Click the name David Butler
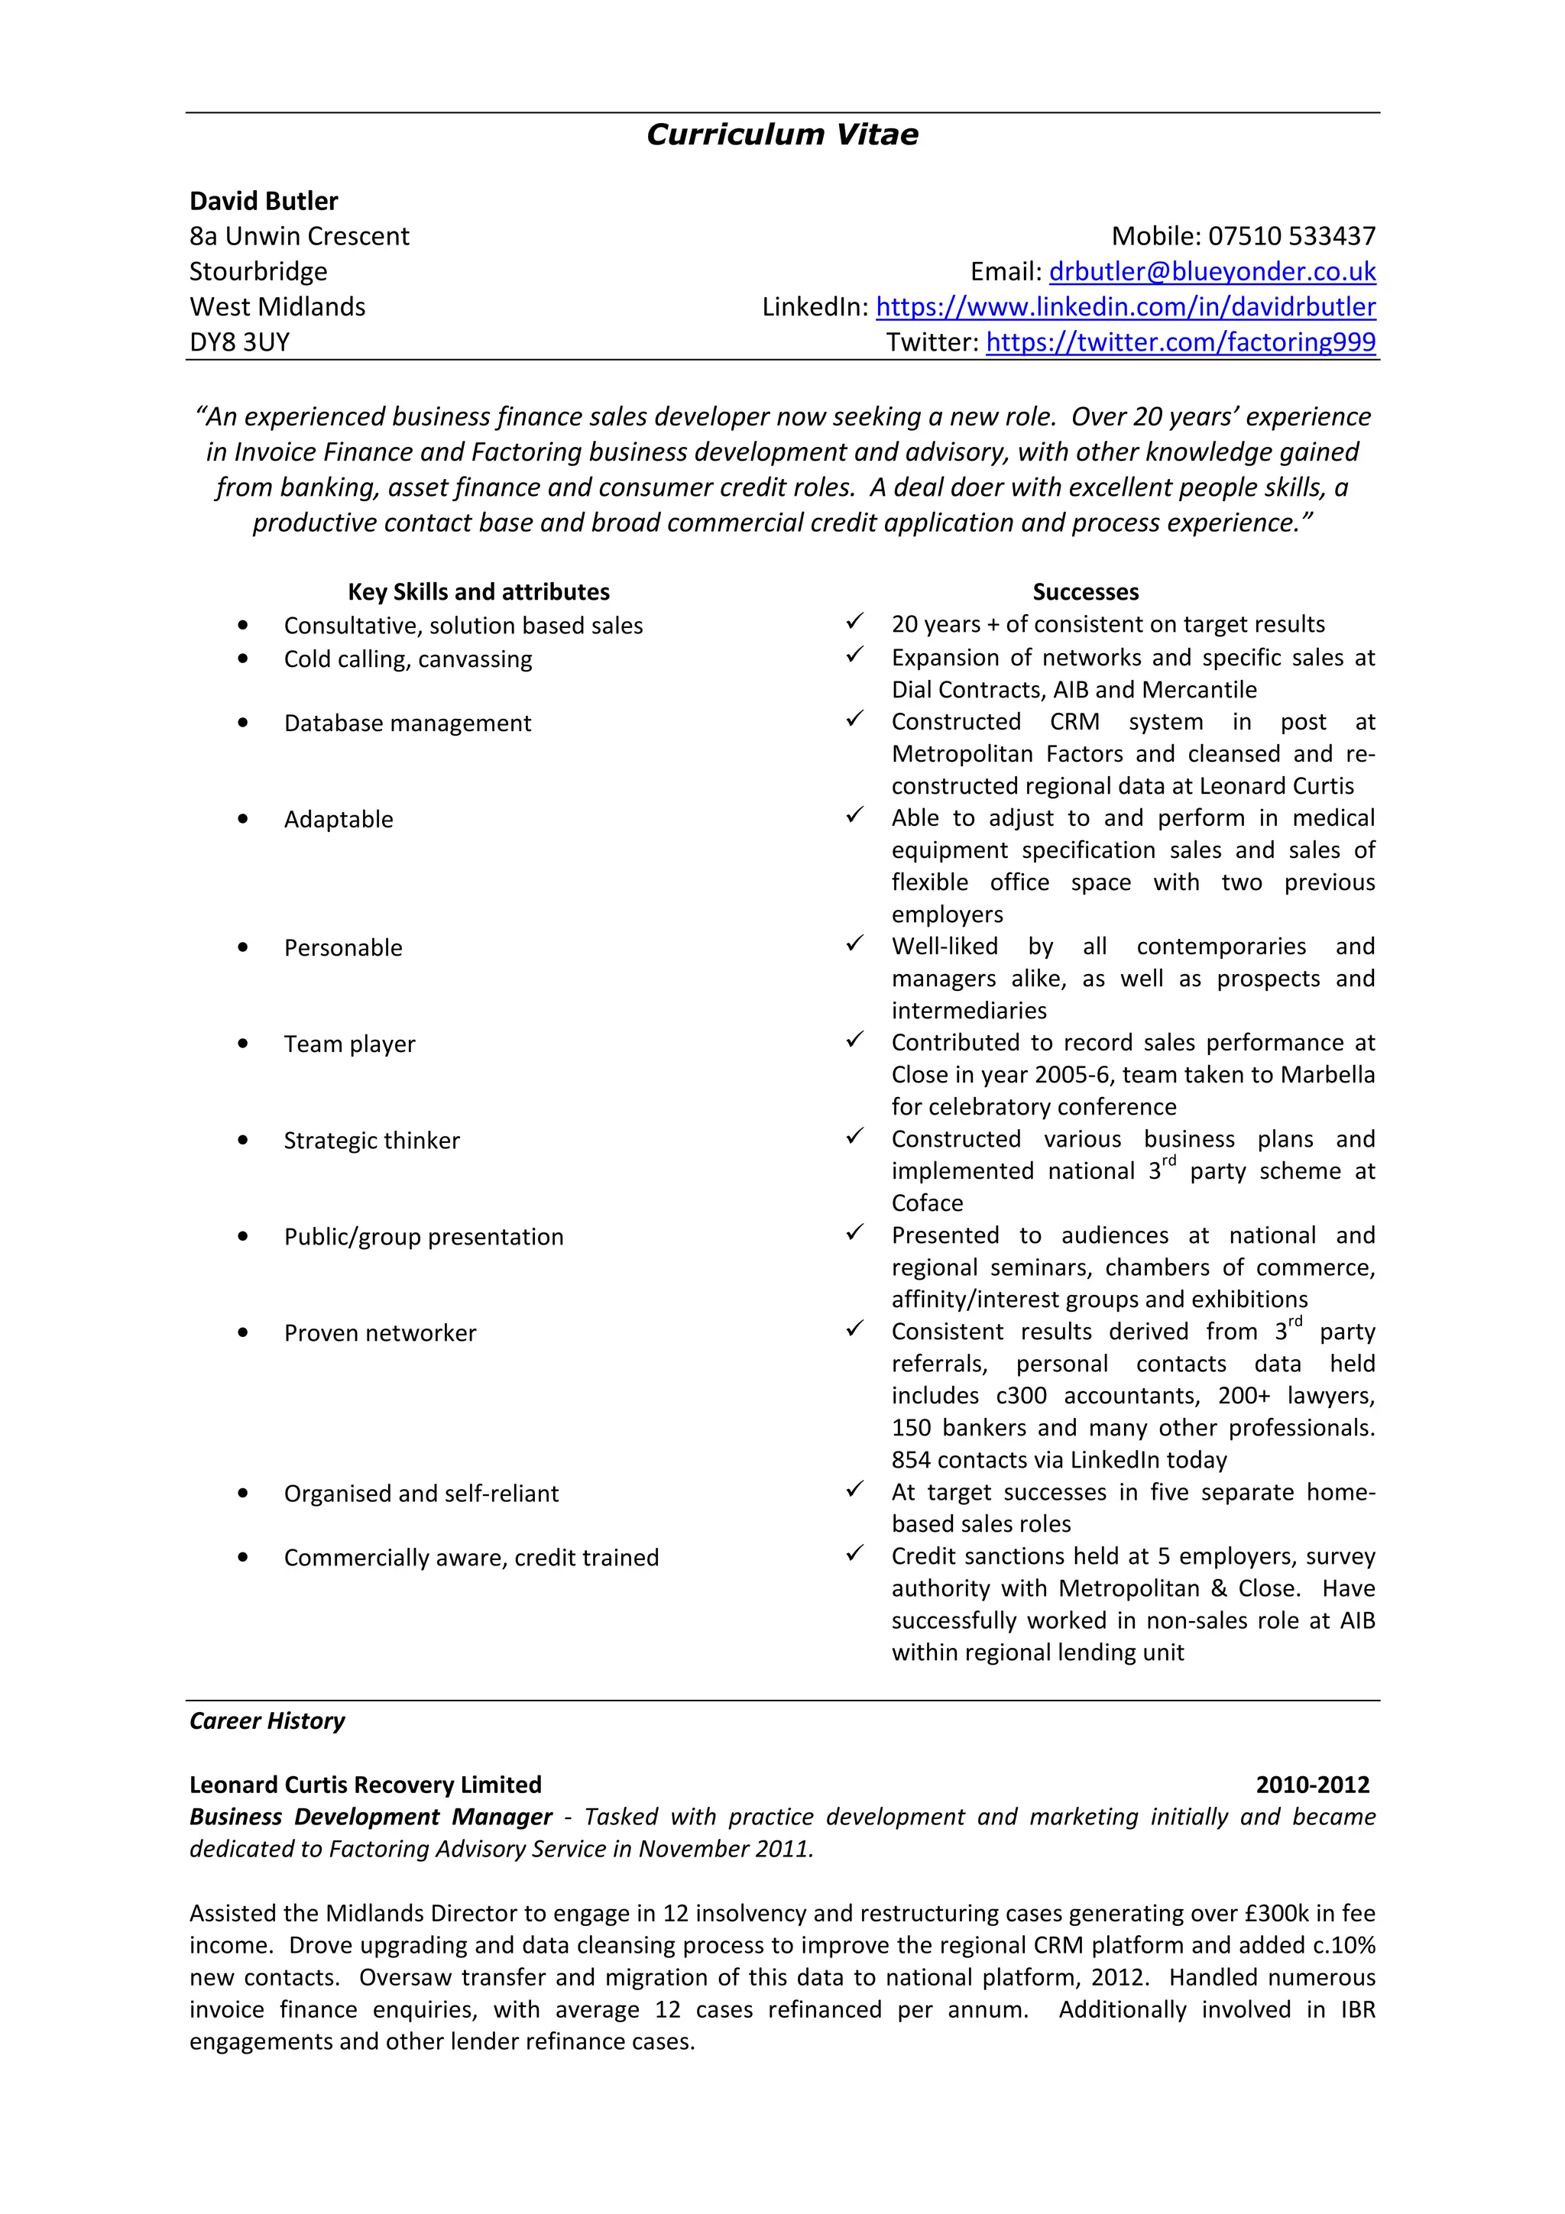pyautogui.click(x=263, y=201)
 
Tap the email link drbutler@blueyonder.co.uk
pyautogui.click(x=1211, y=272)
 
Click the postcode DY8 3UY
pyautogui.click(x=239, y=342)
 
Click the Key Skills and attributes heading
pyautogui.click(x=478, y=591)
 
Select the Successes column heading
pyautogui.click(x=1085, y=591)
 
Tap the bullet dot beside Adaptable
pyautogui.click(x=243, y=820)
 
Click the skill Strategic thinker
pyautogui.click(x=371, y=1141)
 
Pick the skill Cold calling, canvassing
pyautogui.click(x=407, y=659)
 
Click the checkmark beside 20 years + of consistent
pyautogui.click(x=854, y=622)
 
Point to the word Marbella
pyautogui.click(x=1328, y=1075)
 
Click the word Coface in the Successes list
pyautogui.click(x=927, y=1203)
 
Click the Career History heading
pyautogui.click(x=267, y=1721)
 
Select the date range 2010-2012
pyautogui.click(x=1311, y=1785)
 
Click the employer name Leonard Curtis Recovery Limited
pyautogui.click(x=365, y=1785)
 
